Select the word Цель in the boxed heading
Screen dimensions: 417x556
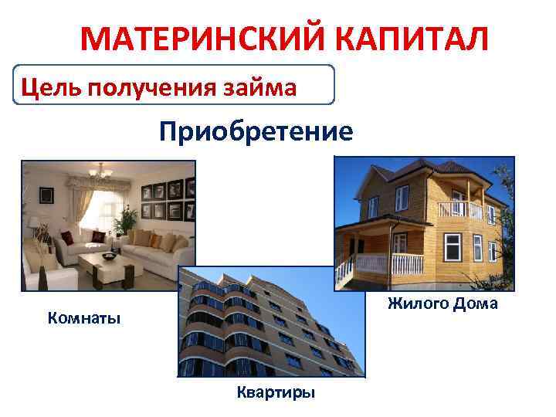point(52,86)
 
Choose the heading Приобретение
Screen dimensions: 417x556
point(256,131)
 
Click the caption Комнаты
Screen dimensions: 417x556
point(84,318)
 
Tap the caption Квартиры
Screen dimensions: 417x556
point(276,393)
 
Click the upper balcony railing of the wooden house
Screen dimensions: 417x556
point(459,210)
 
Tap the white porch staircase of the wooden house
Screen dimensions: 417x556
point(344,271)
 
